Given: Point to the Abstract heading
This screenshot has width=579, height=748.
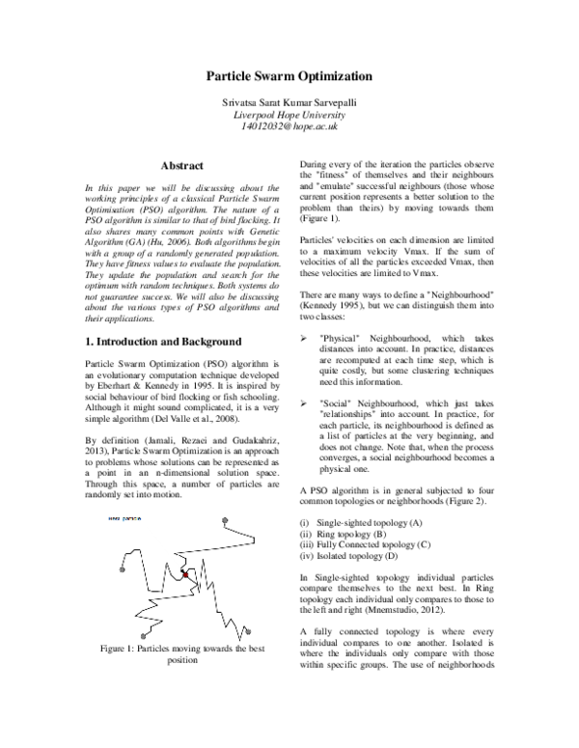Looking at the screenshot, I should (x=180, y=166).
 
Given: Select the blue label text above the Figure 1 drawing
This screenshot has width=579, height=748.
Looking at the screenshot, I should (x=125, y=518).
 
